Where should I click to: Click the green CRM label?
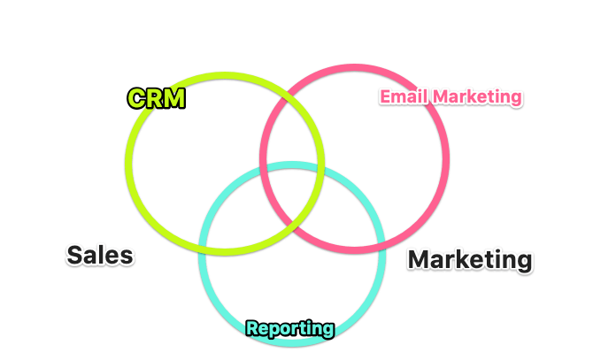pyautogui.click(x=157, y=98)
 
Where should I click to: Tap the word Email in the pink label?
pyautogui.click(x=400, y=96)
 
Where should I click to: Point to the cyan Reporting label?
pyautogui.click(x=290, y=329)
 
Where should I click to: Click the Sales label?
pyautogui.click(x=100, y=256)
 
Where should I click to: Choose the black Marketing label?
pyautogui.click(x=470, y=260)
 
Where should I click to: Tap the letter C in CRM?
pyautogui.click(x=137, y=98)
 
